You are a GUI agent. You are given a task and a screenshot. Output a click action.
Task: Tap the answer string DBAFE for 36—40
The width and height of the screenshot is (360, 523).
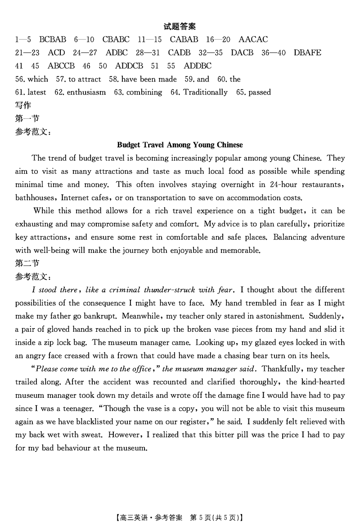tap(307, 53)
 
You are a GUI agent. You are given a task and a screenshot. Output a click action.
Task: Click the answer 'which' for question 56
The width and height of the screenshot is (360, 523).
tap(38, 79)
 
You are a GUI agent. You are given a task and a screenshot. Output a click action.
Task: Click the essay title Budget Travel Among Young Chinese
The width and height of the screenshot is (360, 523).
tap(180, 145)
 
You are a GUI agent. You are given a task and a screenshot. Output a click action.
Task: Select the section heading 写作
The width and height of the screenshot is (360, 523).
tap(23, 105)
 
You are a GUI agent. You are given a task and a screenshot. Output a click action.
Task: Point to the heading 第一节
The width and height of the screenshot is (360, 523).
tap(27, 118)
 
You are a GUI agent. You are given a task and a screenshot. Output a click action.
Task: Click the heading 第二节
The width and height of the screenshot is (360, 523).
tap(27, 263)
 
